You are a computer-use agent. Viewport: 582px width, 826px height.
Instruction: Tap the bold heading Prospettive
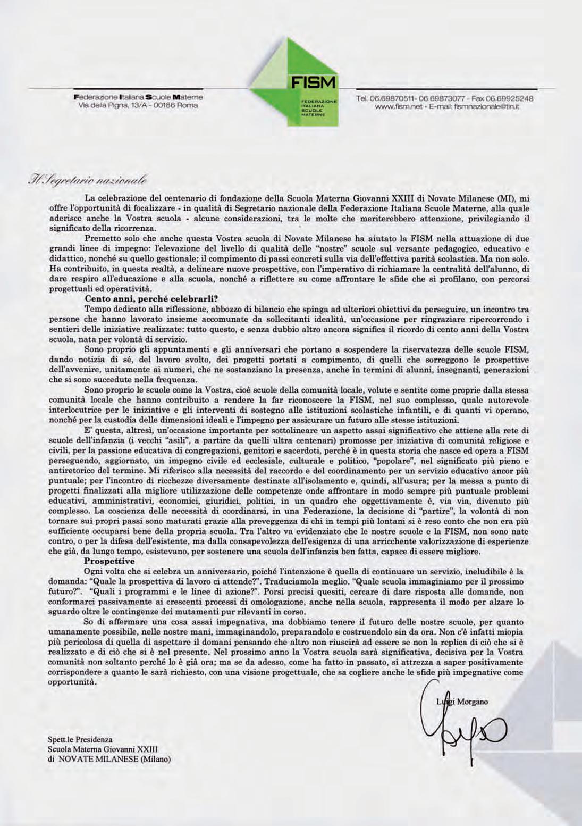click(x=110, y=561)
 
